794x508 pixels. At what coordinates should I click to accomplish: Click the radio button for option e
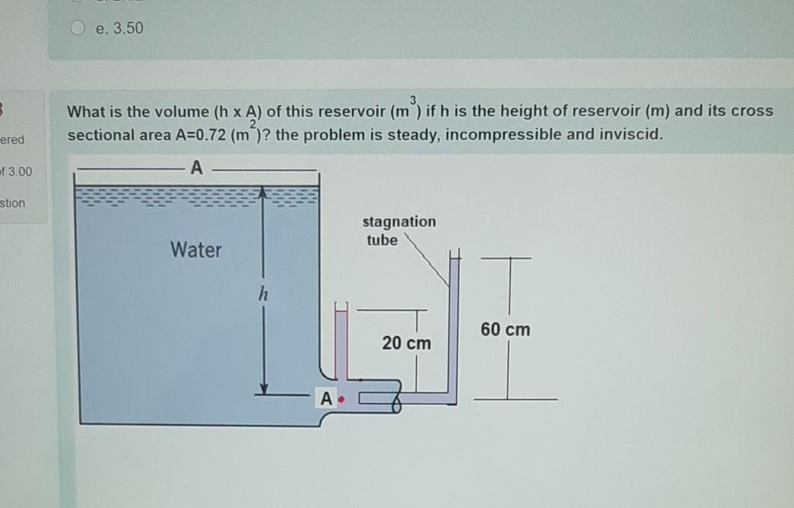pyautogui.click(x=79, y=28)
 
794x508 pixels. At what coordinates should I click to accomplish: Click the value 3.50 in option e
pyautogui.click(x=126, y=28)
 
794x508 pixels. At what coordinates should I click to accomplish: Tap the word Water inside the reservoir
pyautogui.click(x=196, y=249)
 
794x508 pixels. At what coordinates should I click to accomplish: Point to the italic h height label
pyautogui.click(x=262, y=293)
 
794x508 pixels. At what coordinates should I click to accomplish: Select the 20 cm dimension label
pyautogui.click(x=406, y=343)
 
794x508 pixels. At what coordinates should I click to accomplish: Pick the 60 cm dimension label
pyautogui.click(x=506, y=330)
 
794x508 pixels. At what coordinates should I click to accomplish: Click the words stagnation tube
pyautogui.click(x=399, y=230)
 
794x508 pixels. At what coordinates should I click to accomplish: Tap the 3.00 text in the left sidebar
pyautogui.click(x=18, y=171)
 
